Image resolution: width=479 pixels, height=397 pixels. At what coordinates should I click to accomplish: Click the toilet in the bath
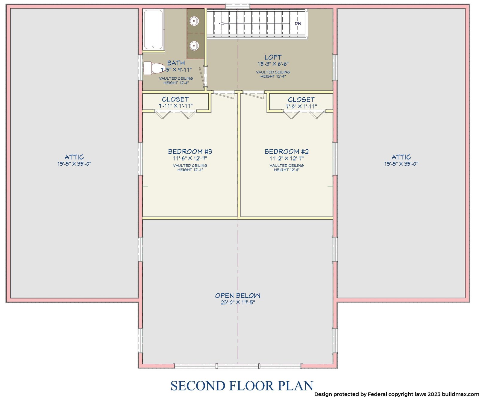click(154, 68)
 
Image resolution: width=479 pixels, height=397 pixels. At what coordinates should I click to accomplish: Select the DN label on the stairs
click(298, 24)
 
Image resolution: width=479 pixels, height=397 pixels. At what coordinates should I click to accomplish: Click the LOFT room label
click(273, 57)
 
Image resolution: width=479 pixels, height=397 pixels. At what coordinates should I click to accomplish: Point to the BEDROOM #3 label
click(190, 152)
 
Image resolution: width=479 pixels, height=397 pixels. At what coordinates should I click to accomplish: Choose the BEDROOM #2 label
click(287, 152)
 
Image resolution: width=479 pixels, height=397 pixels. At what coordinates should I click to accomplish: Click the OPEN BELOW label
click(238, 296)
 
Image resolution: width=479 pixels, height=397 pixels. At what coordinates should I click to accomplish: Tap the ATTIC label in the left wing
click(74, 157)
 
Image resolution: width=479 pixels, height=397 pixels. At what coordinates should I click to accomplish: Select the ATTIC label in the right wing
click(401, 157)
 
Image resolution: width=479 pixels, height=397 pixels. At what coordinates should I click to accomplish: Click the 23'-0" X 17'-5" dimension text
click(238, 302)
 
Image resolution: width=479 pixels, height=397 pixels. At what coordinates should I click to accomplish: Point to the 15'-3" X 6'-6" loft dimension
click(273, 64)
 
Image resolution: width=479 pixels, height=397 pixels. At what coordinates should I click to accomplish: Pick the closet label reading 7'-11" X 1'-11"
click(175, 106)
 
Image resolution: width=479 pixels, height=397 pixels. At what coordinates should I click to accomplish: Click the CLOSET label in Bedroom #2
click(301, 100)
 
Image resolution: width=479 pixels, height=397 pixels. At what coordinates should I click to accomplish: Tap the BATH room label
click(176, 63)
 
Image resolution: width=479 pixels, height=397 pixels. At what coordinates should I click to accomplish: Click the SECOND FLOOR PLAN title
click(242, 386)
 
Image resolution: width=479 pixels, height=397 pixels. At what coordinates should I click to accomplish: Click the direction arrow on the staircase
click(222, 23)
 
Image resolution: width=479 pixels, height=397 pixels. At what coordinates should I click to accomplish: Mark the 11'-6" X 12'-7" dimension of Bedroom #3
click(190, 159)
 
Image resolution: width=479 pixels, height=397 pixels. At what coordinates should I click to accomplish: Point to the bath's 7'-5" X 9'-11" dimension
click(176, 70)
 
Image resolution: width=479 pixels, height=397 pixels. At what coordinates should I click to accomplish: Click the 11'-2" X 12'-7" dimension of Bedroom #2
click(287, 159)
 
